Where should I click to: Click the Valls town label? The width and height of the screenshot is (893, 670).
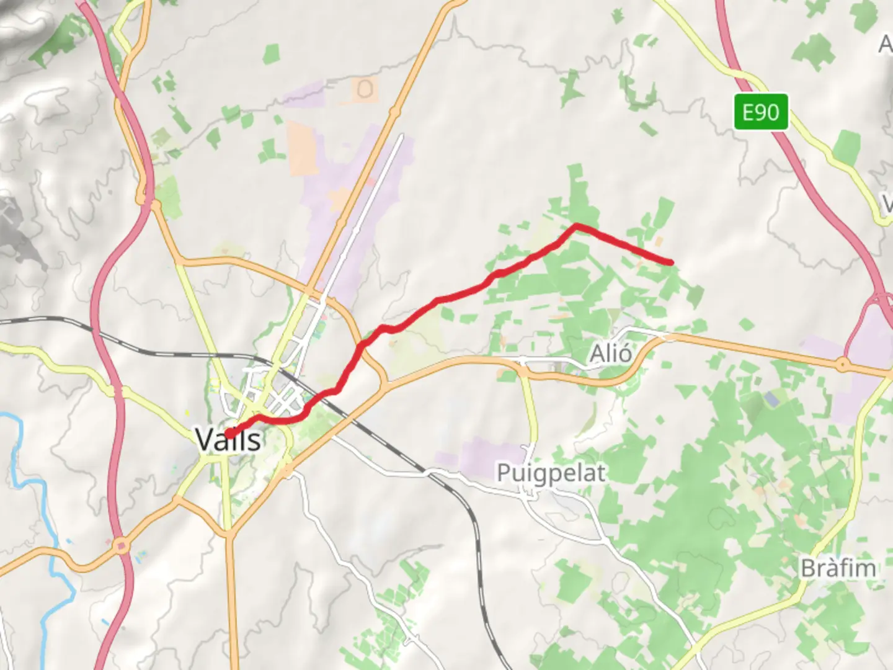point(228,439)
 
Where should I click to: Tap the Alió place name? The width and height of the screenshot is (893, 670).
point(611,354)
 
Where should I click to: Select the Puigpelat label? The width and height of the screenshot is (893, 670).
point(551,473)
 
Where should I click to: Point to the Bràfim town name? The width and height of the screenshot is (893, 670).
point(838,568)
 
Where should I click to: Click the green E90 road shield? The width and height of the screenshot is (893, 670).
point(761,112)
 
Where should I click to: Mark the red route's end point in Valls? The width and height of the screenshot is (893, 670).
point(229,434)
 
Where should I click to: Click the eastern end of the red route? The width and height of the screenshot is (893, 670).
point(672,262)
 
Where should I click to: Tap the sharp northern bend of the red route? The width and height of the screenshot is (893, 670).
point(577,226)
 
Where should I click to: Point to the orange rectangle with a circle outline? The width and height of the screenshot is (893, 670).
point(365,90)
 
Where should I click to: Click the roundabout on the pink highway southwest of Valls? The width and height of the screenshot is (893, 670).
point(122,545)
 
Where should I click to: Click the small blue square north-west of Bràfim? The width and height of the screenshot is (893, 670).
point(771,399)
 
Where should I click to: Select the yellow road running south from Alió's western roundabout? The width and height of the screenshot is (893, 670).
point(532,409)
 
